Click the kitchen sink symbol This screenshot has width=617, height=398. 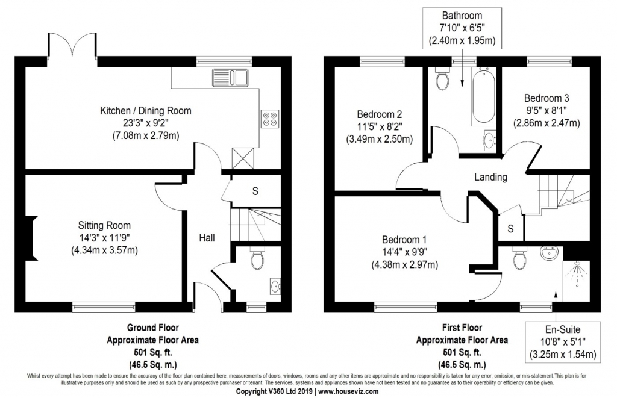230,78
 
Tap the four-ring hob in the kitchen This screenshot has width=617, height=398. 269,119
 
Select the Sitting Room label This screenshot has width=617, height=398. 104,225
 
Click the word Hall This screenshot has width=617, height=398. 207,238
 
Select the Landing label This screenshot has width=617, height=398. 490,177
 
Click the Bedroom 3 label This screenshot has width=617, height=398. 547,98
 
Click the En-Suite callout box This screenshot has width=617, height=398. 563,342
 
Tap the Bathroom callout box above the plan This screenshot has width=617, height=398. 462,28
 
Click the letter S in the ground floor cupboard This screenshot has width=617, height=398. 255,191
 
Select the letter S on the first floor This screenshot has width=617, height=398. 510,228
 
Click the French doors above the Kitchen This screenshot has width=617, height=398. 72,45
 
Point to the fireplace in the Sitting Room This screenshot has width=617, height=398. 31,238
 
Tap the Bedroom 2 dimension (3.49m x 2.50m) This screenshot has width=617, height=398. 380,139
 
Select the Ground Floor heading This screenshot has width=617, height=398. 152,327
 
